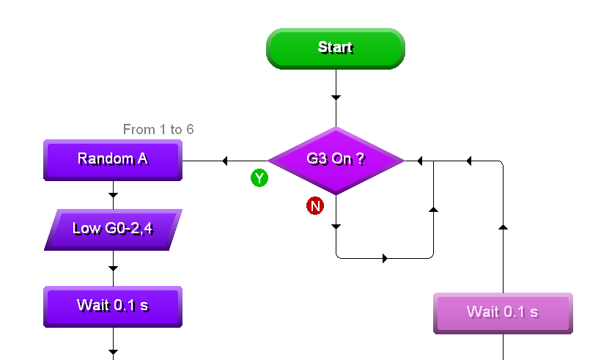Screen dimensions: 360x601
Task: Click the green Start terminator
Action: click(335, 48)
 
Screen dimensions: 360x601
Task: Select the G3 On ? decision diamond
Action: click(336, 160)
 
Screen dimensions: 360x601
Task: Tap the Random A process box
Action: click(113, 159)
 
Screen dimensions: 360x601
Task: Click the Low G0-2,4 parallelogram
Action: click(113, 229)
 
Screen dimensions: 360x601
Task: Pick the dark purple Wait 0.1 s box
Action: click(113, 306)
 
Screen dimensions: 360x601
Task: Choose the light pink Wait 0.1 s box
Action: click(503, 312)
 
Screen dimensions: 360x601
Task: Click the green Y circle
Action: click(259, 178)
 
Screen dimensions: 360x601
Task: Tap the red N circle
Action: click(315, 206)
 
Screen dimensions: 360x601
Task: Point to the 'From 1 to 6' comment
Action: click(158, 130)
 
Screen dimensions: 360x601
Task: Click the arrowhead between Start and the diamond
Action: click(336, 97)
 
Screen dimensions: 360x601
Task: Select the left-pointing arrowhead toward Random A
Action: click(225, 161)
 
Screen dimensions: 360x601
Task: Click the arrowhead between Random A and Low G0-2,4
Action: click(113, 194)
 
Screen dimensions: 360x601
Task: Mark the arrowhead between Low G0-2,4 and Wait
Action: click(113, 268)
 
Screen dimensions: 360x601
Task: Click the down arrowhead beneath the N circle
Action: click(336, 227)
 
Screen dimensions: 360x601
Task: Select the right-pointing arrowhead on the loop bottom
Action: click(385, 258)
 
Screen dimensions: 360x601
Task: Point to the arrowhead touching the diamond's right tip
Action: click(420, 161)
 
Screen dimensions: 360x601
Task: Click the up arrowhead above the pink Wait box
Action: click(503, 227)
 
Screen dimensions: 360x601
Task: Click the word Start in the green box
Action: click(335, 48)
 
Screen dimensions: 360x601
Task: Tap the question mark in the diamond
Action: click(361, 159)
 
